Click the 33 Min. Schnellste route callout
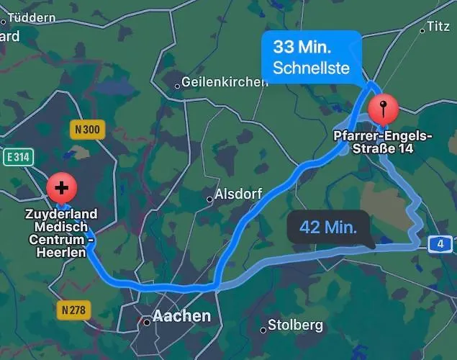[310, 58]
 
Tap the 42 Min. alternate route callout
[328, 228]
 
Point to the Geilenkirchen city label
[225, 82]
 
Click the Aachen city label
[181, 316]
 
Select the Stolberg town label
[295, 325]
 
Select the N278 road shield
[72, 310]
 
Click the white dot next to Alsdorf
[209, 198]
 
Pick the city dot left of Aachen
[146, 322]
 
